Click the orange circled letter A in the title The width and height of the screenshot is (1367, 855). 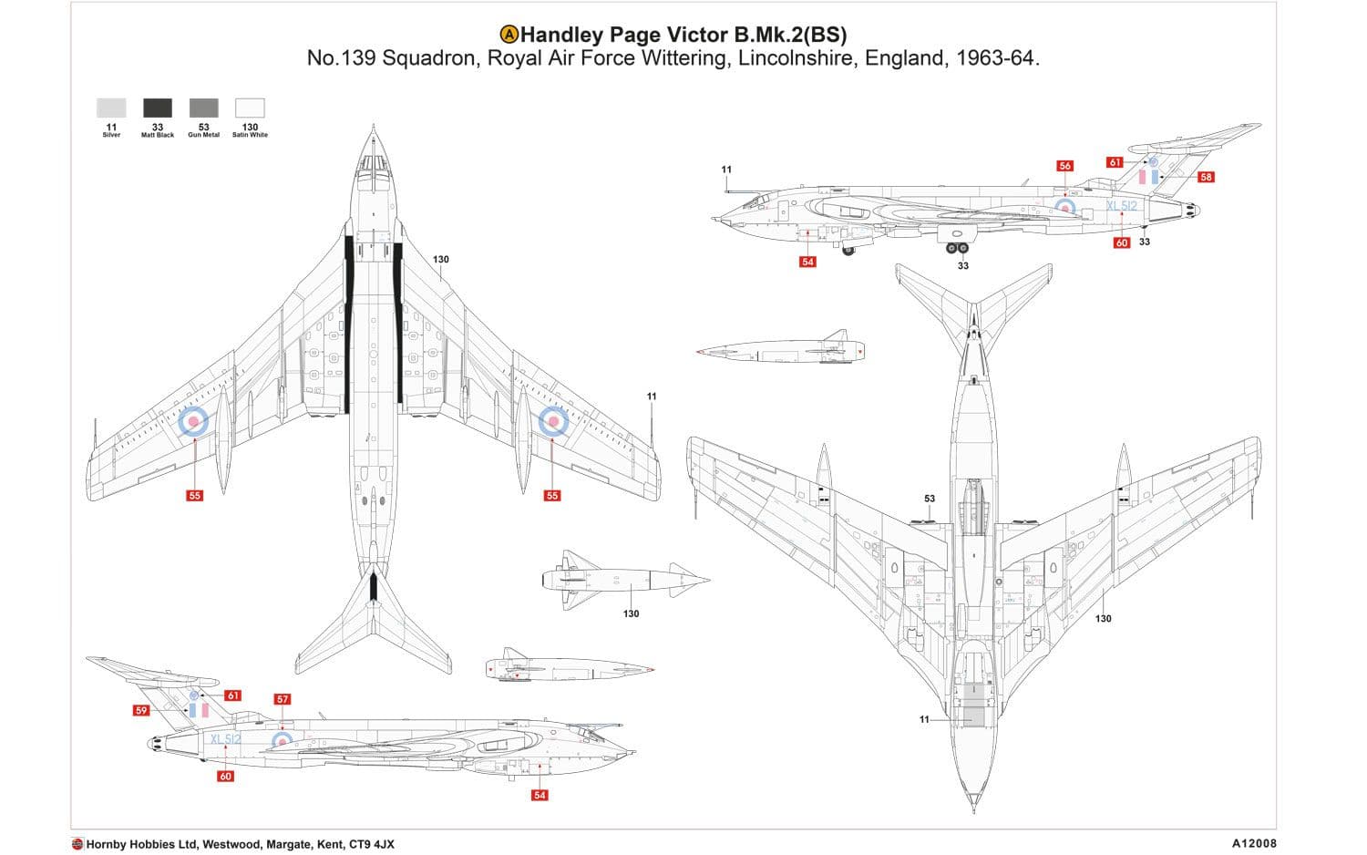point(509,35)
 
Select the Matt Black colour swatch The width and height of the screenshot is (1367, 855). point(158,108)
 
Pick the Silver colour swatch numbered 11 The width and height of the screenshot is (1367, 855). point(111,108)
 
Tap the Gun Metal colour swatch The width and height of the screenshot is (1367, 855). point(203,108)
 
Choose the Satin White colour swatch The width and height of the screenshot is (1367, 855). point(250,108)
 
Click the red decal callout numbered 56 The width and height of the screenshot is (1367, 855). point(1064,166)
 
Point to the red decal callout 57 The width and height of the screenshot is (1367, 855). point(283,699)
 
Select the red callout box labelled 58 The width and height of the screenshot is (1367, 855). point(1206,177)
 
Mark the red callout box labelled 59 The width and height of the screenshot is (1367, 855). point(140,710)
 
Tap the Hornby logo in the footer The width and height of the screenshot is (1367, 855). point(77,844)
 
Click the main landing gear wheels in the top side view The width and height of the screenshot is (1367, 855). point(956,247)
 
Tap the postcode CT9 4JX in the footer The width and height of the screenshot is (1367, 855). point(372,844)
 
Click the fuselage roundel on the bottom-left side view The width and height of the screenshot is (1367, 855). point(283,740)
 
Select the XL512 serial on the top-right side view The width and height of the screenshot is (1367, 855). point(1122,206)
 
